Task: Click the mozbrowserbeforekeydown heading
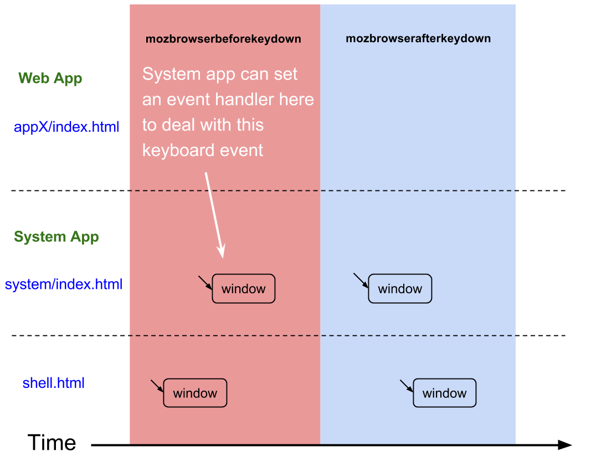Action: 223,39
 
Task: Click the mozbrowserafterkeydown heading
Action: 418,38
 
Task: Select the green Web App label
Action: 50,79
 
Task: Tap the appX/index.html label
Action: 66,127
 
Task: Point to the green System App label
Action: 56,237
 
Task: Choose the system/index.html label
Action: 63,284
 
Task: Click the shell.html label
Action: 53,383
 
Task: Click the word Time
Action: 52,443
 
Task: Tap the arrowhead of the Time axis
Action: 566,445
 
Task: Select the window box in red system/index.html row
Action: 244,288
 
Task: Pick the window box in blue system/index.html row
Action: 400,288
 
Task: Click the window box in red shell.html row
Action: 195,393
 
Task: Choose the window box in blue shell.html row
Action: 444,393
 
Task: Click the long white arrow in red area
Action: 214,215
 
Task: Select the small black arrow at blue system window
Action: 361,281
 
